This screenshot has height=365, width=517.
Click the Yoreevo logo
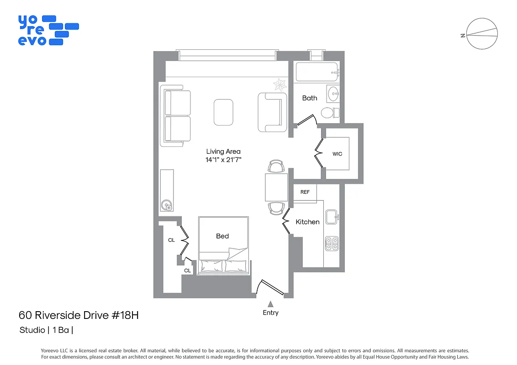pyautogui.click(x=48, y=30)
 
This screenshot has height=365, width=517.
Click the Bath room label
pyautogui.click(x=309, y=98)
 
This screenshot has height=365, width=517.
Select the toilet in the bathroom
pyautogui.click(x=329, y=112)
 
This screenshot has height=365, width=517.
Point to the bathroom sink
pyautogui.click(x=333, y=94)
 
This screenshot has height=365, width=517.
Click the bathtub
pyautogui.click(x=317, y=72)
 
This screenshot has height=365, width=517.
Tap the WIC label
pyautogui.click(x=337, y=154)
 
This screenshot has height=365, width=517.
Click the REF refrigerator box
pyautogui.click(x=305, y=192)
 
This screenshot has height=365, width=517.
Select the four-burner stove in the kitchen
pyautogui.click(x=332, y=244)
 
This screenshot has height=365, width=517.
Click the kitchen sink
pyautogui.click(x=332, y=216)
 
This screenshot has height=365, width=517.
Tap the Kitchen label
pyautogui.click(x=307, y=222)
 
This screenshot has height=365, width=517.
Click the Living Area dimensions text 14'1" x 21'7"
pyautogui.click(x=223, y=160)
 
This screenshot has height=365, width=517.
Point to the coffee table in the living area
pyautogui.click(x=223, y=112)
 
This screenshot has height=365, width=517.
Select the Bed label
pyautogui.click(x=222, y=236)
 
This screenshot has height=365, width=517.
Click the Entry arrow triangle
pyautogui.click(x=270, y=304)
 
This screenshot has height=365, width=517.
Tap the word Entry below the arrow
pyautogui.click(x=270, y=313)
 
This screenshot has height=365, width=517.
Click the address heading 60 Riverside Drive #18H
pyautogui.click(x=78, y=315)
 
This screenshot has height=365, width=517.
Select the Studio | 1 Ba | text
pyautogui.click(x=46, y=330)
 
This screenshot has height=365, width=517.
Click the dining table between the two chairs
pyautogui.click(x=276, y=187)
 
